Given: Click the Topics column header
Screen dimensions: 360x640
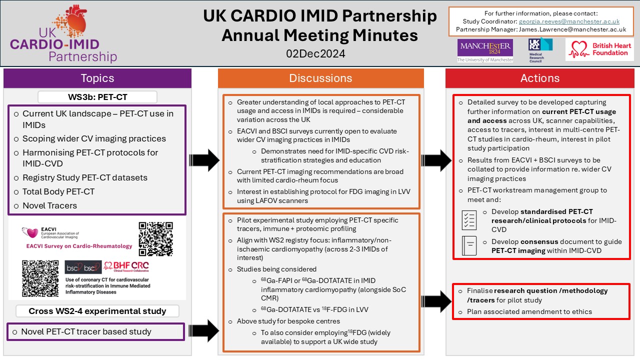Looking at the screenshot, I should pos(97,78).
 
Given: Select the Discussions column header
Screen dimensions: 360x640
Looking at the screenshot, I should pos(320,78).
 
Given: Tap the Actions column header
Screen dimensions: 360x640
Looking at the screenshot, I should pos(540,78).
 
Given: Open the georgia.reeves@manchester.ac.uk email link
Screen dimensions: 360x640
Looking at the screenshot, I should pos(569,21).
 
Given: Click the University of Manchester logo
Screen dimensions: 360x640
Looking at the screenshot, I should pos(485,51).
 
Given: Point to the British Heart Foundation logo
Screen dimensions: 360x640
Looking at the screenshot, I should pos(599,49).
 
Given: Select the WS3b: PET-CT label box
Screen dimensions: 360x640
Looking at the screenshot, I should pos(97,96).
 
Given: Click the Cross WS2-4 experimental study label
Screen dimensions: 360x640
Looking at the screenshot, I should pos(97,311).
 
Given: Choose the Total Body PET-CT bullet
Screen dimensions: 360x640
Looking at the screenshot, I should pos(58,191).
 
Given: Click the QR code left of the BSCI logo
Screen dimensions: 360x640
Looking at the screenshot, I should pos(40,278).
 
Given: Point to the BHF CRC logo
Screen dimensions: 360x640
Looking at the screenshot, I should pos(125,267).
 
